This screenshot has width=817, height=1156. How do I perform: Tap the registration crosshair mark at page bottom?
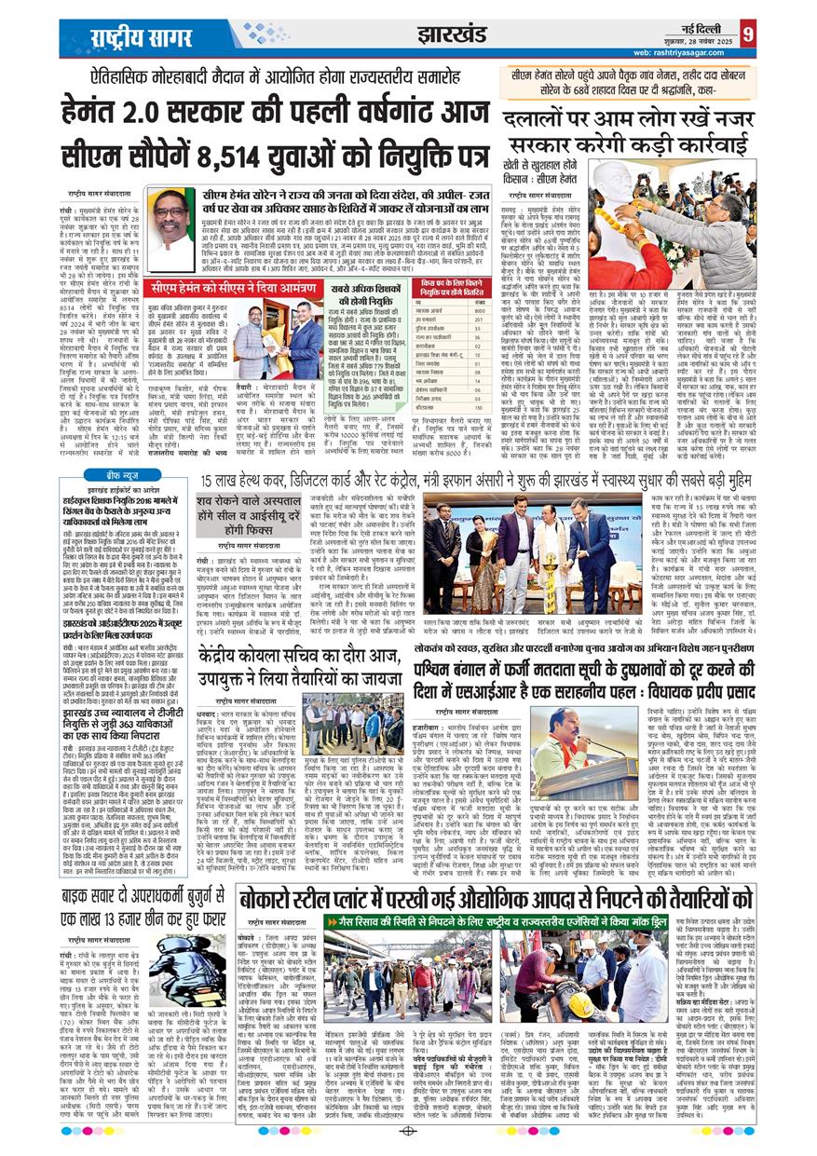click(x=408, y=1130)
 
